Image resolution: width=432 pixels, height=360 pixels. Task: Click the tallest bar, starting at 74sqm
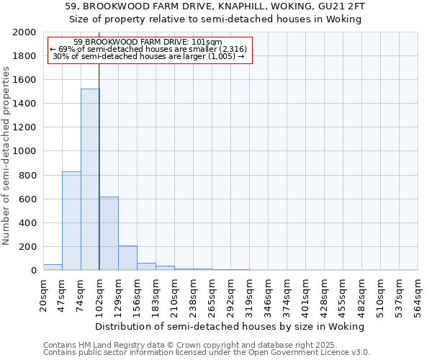(x=90, y=179)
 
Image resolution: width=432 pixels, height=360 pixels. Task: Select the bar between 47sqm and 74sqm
(x=71, y=220)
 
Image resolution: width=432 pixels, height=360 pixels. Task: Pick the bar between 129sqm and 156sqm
(x=127, y=258)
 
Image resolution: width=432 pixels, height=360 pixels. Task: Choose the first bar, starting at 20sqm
(x=53, y=267)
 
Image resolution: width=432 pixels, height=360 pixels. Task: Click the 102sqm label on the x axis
(x=99, y=293)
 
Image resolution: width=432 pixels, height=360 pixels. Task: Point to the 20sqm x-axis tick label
(x=43, y=291)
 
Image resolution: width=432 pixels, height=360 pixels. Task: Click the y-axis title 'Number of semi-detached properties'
(x=6, y=156)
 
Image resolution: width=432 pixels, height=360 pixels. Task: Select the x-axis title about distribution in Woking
(x=230, y=326)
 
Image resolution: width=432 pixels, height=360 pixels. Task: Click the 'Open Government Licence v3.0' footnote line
(x=207, y=352)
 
